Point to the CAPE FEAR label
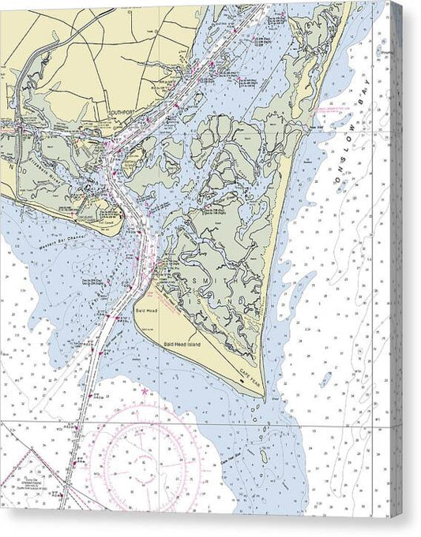pyautogui.click(x=251, y=385)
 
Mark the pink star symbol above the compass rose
pyautogui.click(x=144, y=390)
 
